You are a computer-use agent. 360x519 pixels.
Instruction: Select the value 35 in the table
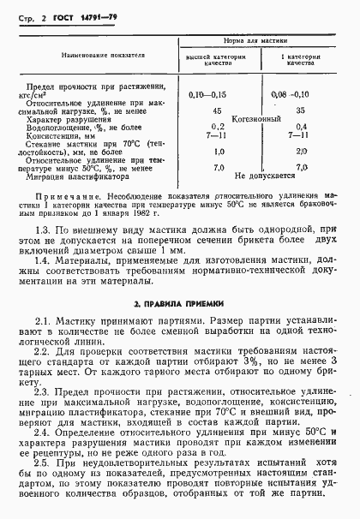(x=301, y=110)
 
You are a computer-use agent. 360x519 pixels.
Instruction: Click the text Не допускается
(x=259, y=175)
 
